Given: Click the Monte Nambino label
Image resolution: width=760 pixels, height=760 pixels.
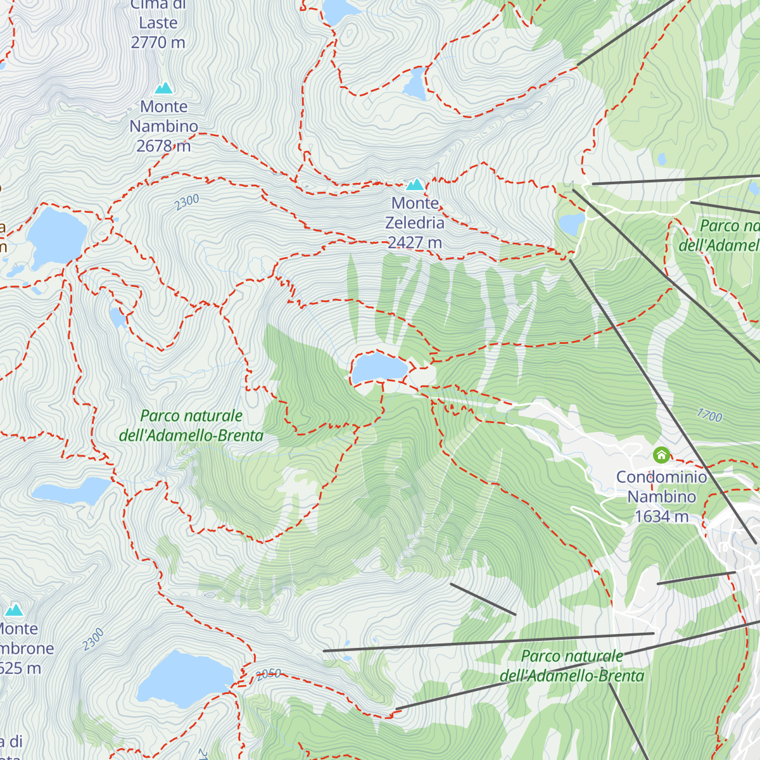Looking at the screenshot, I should pos(164,117).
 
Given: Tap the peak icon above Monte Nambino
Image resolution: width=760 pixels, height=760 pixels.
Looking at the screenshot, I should pos(164,88).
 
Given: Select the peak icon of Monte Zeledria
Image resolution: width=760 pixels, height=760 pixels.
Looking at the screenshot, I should pos(415,184).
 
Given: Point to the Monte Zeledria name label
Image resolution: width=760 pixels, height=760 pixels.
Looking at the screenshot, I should pos(415,213).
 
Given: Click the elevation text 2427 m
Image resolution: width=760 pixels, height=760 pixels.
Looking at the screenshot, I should pos(415,243).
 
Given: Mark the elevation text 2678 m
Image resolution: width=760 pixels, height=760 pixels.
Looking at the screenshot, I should pos(163,146).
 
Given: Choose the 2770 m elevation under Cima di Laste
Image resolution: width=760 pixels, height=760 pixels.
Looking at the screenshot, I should pos(158,42).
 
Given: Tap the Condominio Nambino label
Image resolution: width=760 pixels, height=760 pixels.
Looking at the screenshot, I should pos(661,487).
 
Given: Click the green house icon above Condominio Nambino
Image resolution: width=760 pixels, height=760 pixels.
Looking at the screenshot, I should pos(661,455).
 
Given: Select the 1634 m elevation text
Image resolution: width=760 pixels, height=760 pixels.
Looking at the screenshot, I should pos(661,517).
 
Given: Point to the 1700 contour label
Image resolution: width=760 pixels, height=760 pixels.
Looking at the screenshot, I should pos(709,415).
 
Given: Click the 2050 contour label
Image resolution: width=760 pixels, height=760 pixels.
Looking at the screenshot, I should pos(269,674).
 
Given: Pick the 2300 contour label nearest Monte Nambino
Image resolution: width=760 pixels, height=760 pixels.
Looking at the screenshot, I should pos(187,203).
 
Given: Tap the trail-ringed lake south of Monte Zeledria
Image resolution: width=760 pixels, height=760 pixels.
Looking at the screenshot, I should pos(379,367).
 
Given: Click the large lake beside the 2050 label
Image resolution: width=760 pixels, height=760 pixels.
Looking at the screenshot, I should pos(185,679).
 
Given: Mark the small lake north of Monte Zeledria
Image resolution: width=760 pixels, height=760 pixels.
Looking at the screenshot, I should pos(415,85).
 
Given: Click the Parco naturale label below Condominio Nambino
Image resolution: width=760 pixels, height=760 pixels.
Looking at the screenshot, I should pos(572,666).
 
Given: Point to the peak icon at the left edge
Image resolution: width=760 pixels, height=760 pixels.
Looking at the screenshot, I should pos(14,610).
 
